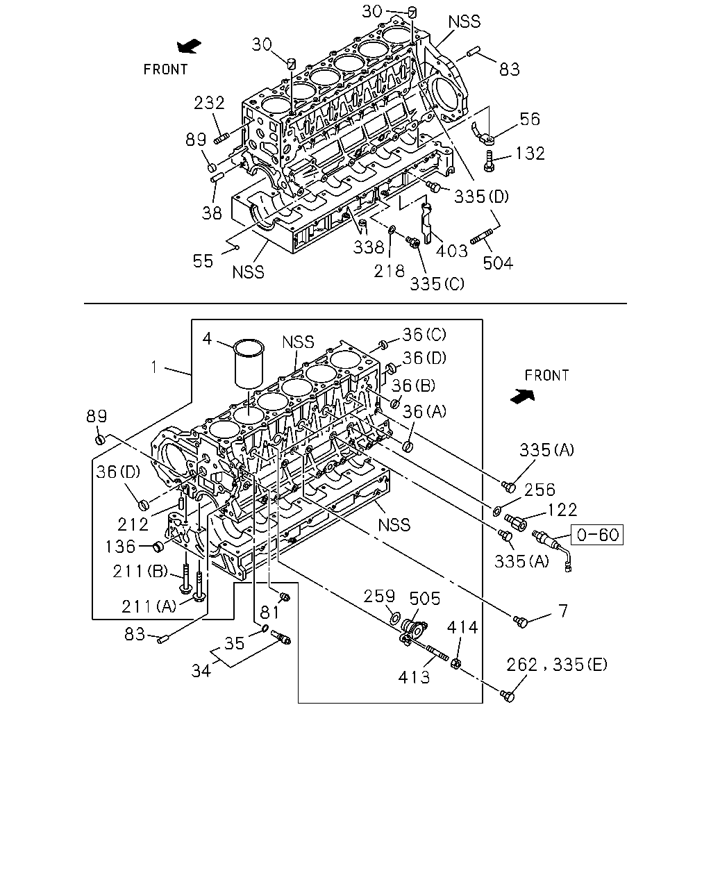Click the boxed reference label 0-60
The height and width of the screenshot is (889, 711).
596,535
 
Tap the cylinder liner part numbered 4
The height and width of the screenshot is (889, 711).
249,364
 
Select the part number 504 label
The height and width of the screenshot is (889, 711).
498,263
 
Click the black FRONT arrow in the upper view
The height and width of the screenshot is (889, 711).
189,46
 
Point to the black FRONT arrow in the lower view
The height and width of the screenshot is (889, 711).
523,396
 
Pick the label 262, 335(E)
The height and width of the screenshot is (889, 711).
556,665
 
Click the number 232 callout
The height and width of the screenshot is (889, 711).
209,103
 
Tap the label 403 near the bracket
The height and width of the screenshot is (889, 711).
451,251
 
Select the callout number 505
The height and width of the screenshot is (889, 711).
424,599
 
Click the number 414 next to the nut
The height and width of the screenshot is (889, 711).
462,628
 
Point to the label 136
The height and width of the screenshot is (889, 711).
120,547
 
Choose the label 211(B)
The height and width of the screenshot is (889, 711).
140,572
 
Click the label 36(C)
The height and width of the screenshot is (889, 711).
424,335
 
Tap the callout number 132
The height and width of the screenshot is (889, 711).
530,153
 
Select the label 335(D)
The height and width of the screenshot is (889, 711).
481,197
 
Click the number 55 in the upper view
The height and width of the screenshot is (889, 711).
203,261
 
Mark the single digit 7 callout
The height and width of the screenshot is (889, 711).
563,610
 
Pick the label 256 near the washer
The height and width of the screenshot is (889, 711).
539,490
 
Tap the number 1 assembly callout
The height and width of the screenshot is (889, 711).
154,367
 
